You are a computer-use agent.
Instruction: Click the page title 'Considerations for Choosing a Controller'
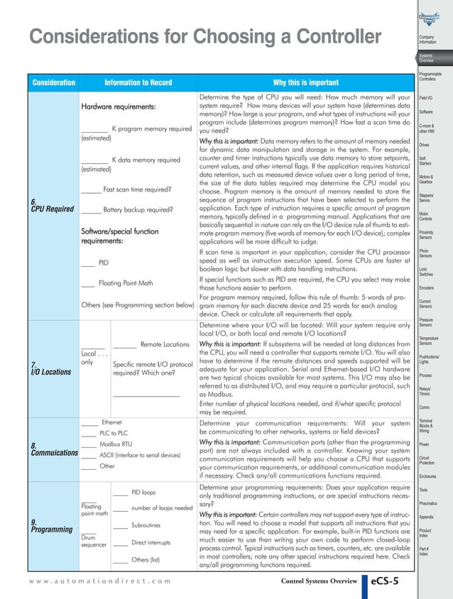coord(205,36)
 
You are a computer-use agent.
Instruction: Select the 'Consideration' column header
coord(53,82)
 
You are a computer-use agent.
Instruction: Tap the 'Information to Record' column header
coord(138,82)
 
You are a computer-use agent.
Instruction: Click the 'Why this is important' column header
coord(306,82)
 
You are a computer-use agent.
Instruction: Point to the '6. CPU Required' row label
coord(53,205)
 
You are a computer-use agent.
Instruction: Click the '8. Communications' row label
coord(54,449)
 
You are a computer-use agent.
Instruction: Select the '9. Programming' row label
coord(51,525)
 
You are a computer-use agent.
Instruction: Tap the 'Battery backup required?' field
coord(138,210)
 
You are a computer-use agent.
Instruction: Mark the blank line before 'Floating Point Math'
coord(88,283)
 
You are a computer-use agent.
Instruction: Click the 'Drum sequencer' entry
coord(94,541)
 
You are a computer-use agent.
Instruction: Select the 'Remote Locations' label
coord(165,344)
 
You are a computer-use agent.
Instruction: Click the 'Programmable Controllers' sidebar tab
coord(430,76)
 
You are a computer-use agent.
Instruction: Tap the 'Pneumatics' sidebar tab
coord(429,503)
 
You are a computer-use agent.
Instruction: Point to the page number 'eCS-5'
coord(389,582)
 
